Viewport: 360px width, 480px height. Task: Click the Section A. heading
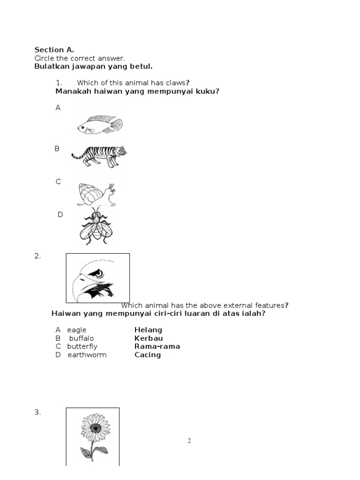pyautogui.click(x=54, y=50)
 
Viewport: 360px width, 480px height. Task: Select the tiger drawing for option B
pyautogui.click(x=99, y=156)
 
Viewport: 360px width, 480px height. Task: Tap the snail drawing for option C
pyautogui.click(x=96, y=195)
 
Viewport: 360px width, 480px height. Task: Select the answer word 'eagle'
pyautogui.click(x=76, y=330)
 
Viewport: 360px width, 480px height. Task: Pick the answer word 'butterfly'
pyautogui.click(x=82, y=346)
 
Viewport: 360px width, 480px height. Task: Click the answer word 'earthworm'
pyautogui.click(x=87, y=355)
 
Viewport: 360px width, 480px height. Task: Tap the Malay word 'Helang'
pyautogui.click(x=148, y=330)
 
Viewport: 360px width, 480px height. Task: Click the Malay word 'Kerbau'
pyautogui.click(x=149, y=338)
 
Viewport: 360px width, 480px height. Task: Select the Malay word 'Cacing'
pyautogui.click(x=148, y=355)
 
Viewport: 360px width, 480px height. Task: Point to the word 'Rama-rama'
pyautogui.click(x=157, y=346)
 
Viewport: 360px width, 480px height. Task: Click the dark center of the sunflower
pyautogui.click(x=96, y=427)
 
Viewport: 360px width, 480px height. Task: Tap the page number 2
pyautogui.click(x=189, y=441)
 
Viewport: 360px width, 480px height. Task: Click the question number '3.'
pyautogui.click(x=37, y=412)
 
